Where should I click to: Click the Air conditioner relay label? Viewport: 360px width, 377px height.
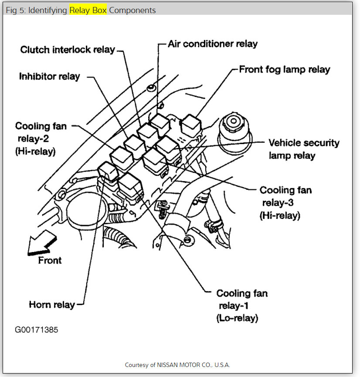pyautogui.click(x=213, y=44)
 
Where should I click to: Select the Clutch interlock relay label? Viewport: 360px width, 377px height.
pyautogui.click(x=68, y=50)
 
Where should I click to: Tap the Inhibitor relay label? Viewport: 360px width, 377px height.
pyautogui.click(x=50, y=77)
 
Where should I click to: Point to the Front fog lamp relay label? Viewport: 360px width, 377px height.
pyautogui.click(x=285, y=69)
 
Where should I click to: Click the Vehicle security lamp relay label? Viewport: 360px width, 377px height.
pyautogui.click(x=303, y=149)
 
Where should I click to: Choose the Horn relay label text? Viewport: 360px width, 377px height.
pyautogui.click(x=52, y=304)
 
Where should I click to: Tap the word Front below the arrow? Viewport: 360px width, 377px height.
pyautogui.click(x=50, y=260)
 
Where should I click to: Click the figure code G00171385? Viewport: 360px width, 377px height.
pyautogui.click(x=37, y=330)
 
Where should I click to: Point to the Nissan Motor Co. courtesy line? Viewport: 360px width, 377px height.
pyautogui.click(x=177, y=365)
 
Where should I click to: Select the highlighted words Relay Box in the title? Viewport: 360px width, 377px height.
pyautogui.click(x=88, y=10)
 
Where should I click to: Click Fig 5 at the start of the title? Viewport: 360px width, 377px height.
pyautogui.click(x=14, y=10)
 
